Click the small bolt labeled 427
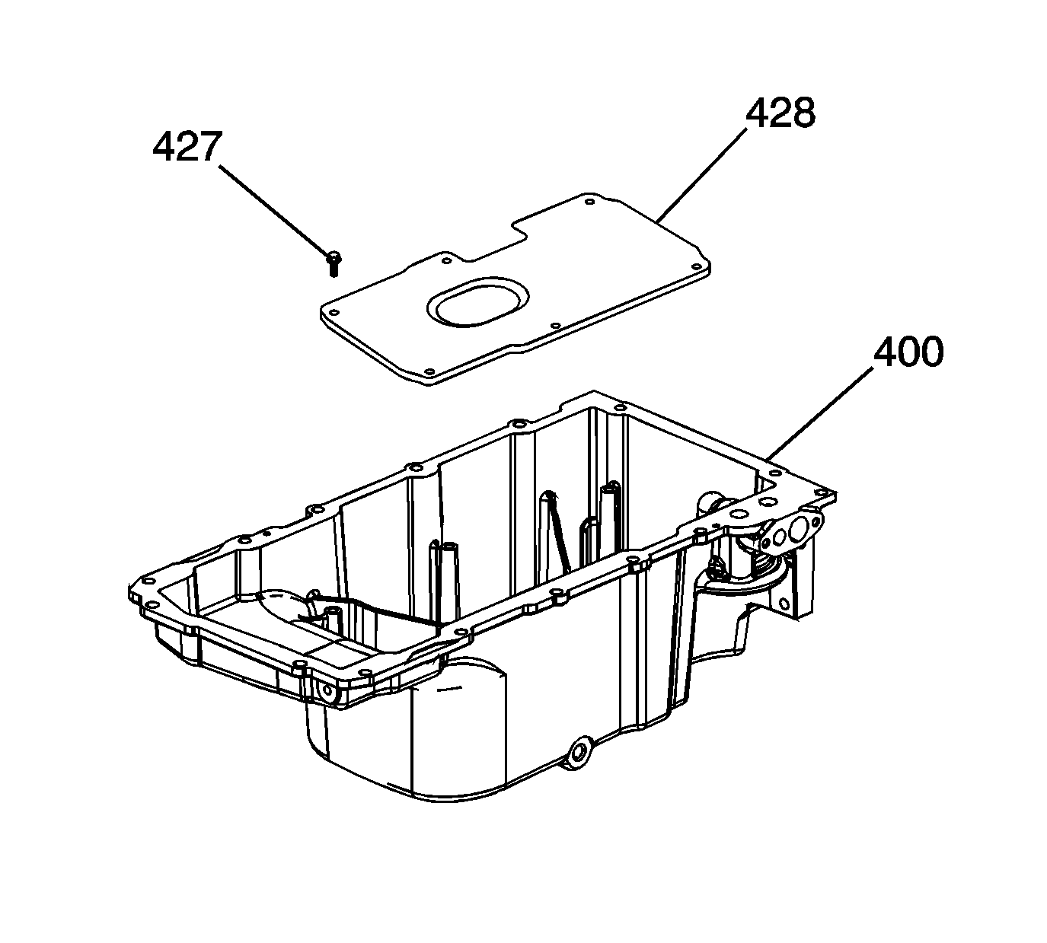click(x=334, y=263)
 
